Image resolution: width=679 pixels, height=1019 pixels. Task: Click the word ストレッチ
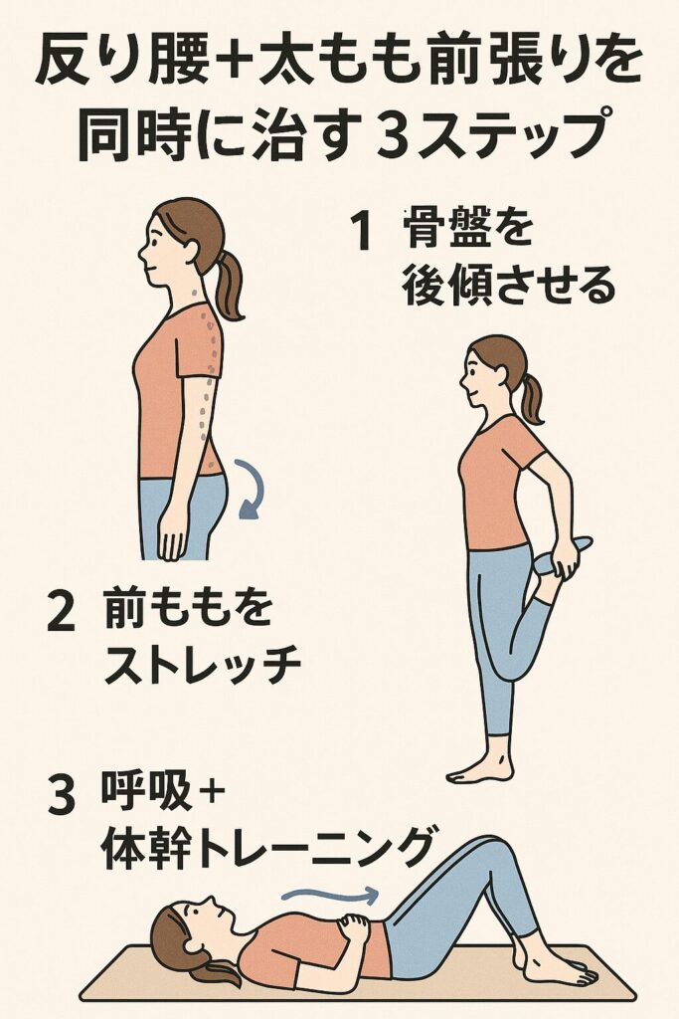(x=203, y=665)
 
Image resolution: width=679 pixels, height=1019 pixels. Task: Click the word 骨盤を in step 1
(x=467, y=230)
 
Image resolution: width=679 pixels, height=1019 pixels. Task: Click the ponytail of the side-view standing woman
(x=230, y=285)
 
